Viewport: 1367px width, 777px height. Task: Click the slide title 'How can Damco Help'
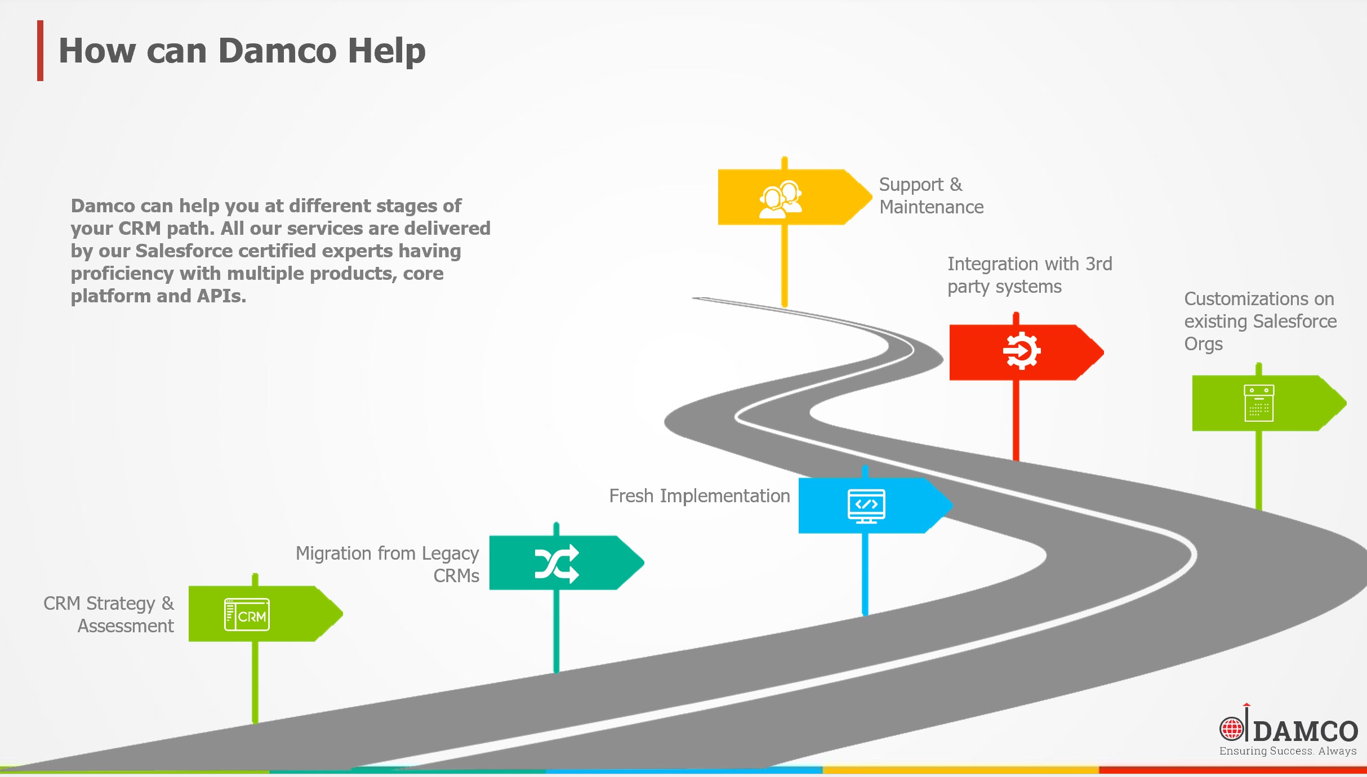(242, 51)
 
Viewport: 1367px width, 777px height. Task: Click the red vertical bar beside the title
(40, 51)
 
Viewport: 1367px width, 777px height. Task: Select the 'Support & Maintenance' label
(930, 196)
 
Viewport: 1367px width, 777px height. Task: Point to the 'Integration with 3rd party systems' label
(1029, 275)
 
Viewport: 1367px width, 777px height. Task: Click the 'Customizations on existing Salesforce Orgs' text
(1259, 321)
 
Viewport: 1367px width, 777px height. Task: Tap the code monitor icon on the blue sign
(866, 506)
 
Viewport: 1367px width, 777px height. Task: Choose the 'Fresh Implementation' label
(699, 496)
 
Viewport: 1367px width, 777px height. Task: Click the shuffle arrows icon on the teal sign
(556, 563)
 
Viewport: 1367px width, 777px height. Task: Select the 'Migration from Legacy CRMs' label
(388, 564)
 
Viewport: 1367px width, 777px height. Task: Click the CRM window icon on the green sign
(247, 614)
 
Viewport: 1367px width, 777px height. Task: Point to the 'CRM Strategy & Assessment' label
(109, 614)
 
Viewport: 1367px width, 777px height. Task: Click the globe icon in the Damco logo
(1231, 729)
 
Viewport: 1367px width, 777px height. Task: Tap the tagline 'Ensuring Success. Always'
(1288, 751)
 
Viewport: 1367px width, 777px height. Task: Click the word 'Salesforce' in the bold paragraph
(184, 251)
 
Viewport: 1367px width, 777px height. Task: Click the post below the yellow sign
(784, 265)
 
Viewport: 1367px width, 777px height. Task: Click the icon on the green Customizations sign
(1259, 403)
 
